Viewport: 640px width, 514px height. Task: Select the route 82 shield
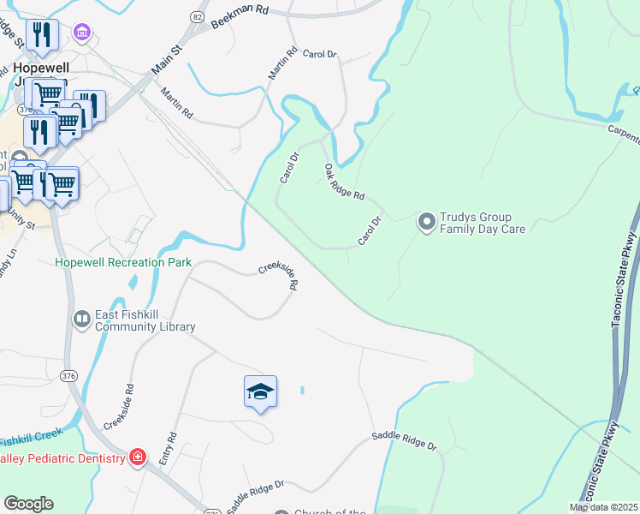pyautogui.click(x=198, y=17)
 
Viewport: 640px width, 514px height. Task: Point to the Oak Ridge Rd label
pyautogui.click(x=344, y=182)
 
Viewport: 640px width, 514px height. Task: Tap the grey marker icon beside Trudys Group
pyautogui.click(x=425, y=223)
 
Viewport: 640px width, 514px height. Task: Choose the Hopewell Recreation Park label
pyautogui.click(x=123, y=262)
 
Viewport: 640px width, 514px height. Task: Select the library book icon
pyautogui.click(x=81, y=320)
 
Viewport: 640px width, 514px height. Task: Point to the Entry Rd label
pyautogui.click(x=169, y=448)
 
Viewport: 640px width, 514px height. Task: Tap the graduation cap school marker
pyautogui.click(x=260, y=391)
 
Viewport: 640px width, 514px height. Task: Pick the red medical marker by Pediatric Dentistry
pyautogui.click(x=136, y=457)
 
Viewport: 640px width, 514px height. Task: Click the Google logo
pyautogui.click(x=28, y=504)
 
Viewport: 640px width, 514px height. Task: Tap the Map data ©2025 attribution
pyautogui.click(x=603, y=507)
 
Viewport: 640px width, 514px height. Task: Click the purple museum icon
pyautogui.click(x=82, y=33)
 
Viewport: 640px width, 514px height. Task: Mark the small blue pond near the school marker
pyautogui.click(x=302, y=391)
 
